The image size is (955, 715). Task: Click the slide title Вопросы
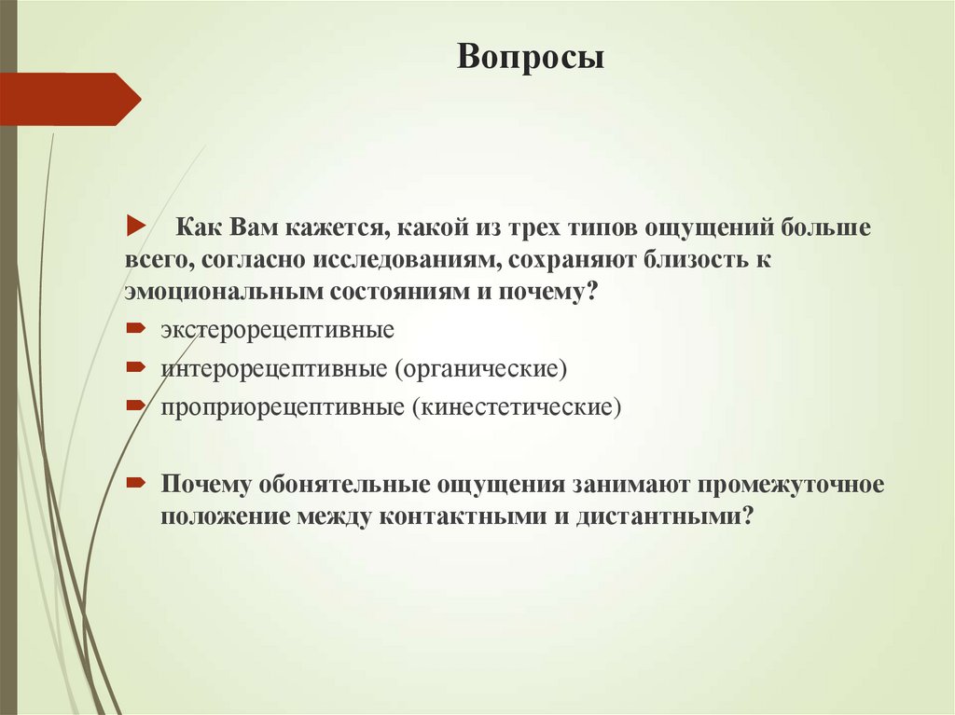coord(530,59)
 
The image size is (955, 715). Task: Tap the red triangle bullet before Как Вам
coord(134,227)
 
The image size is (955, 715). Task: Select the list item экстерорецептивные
coord(277,331)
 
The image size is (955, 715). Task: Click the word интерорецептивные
coord(273,369)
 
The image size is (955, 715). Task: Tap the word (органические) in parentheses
coord(480,369)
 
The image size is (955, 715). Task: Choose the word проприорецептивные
coord(284,407)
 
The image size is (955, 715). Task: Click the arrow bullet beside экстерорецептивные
coord(134,329)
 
